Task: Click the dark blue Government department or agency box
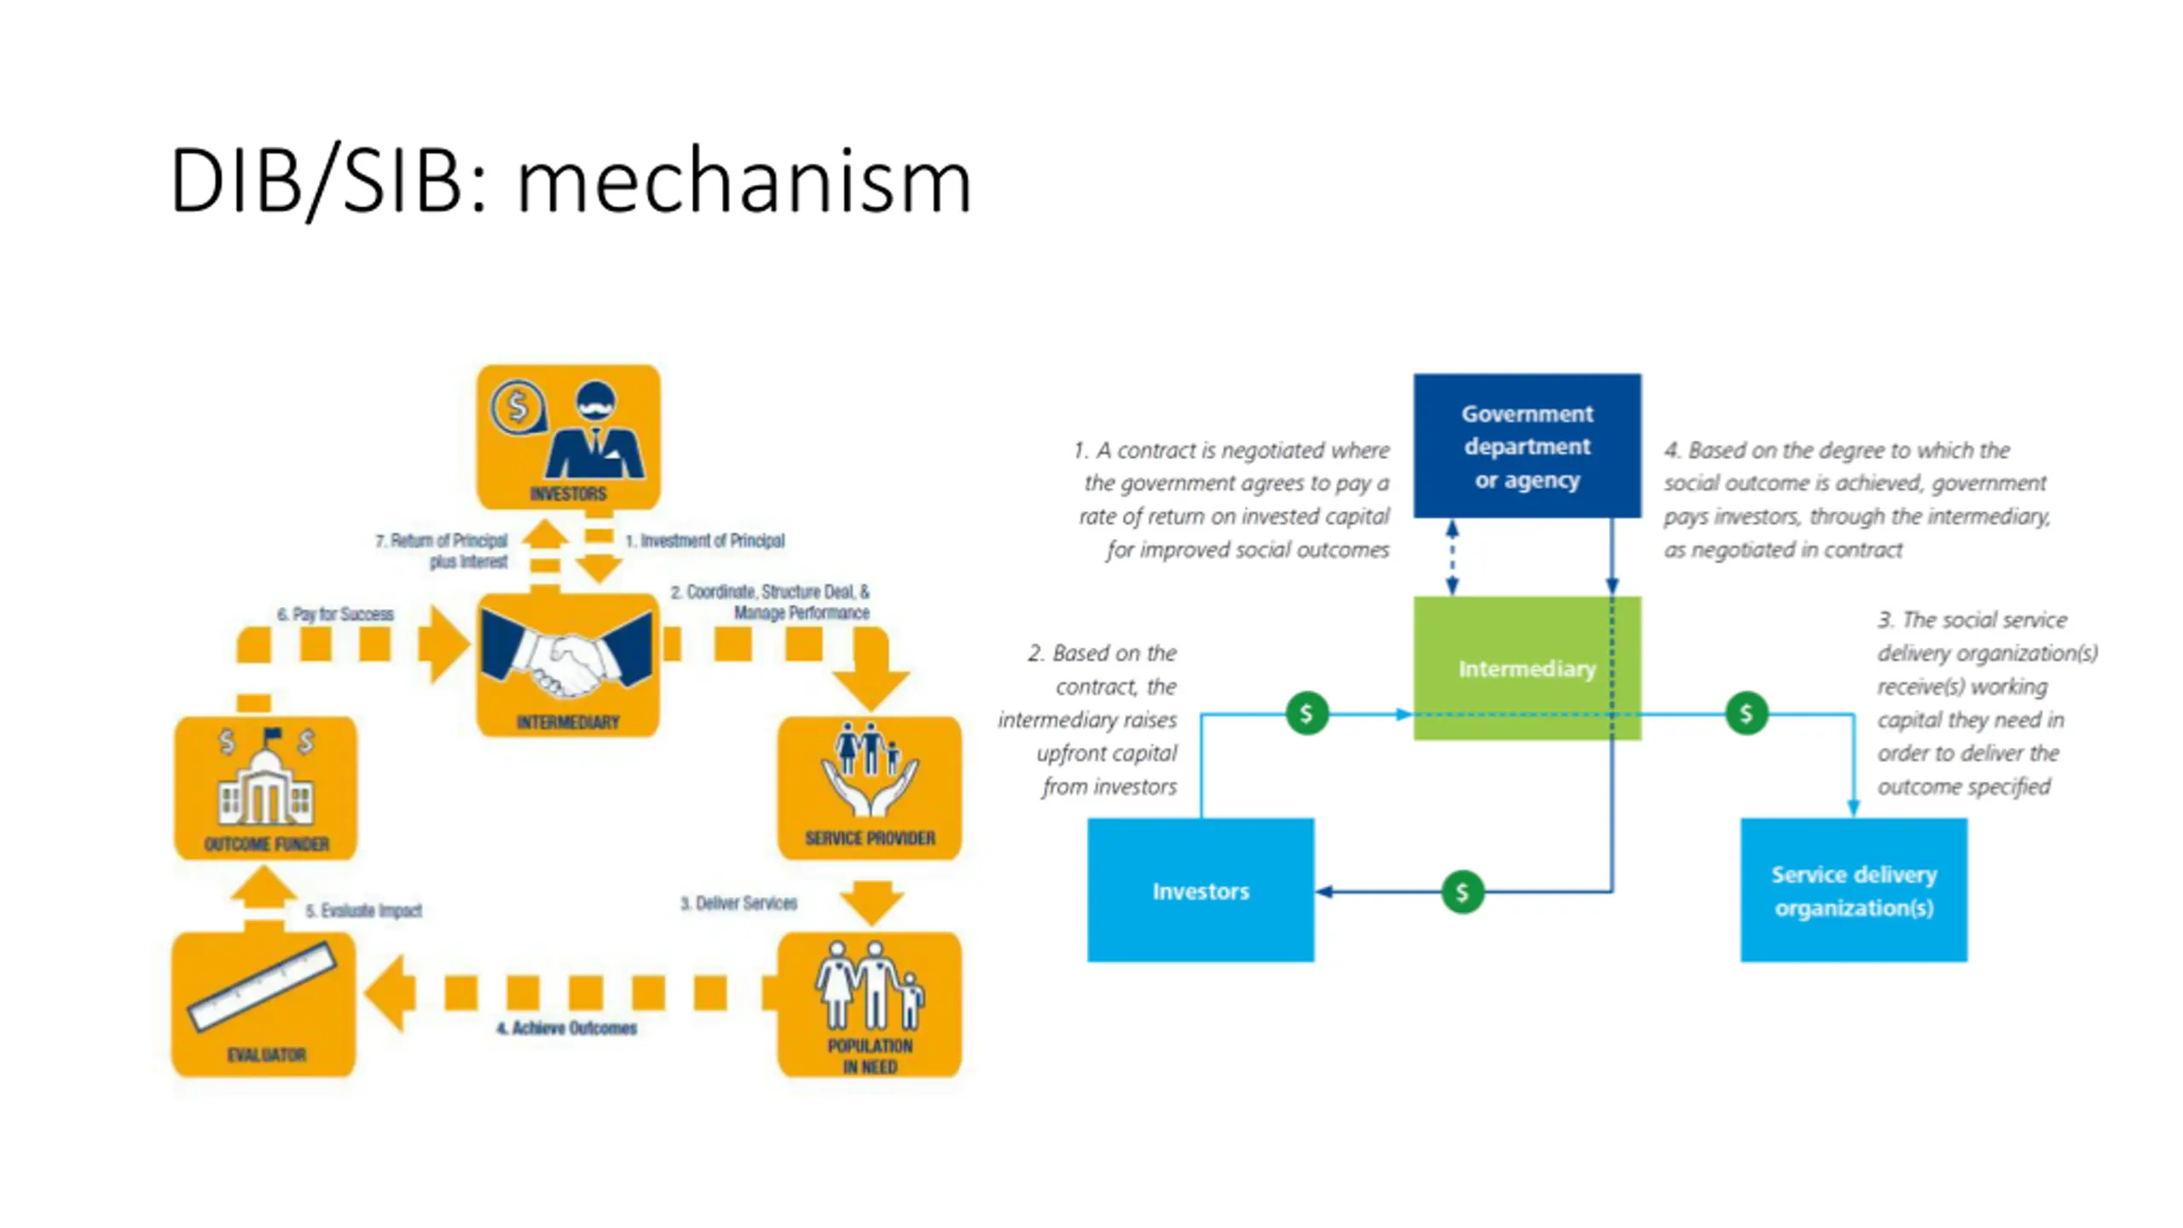(x=1526, y=445)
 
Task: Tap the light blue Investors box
(x=1200, y=890)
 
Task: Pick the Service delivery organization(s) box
(x=1853, y=890)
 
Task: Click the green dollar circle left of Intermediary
(x=1306, y=713)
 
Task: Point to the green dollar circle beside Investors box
(x=1462, y=892)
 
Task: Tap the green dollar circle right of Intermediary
(x=1746, y=713)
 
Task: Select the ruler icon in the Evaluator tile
(x=263, y=986)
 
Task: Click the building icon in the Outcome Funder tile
(x=265, y=782)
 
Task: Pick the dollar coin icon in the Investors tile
(x=517, y=407)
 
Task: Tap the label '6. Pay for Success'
(x=335, y=614)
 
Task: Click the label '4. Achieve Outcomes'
(x=566, y=1028)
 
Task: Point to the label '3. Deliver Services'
(x=738, y=903)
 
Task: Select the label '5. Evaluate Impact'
(x=364, y=910)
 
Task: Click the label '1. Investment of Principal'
(x=704, y=541)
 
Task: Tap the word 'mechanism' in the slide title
(x=744, y=181)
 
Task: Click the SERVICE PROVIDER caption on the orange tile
(x=870, y=838)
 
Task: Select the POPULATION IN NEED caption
(x=870, y=1056)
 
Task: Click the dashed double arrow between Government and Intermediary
(x=1452, y=557)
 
